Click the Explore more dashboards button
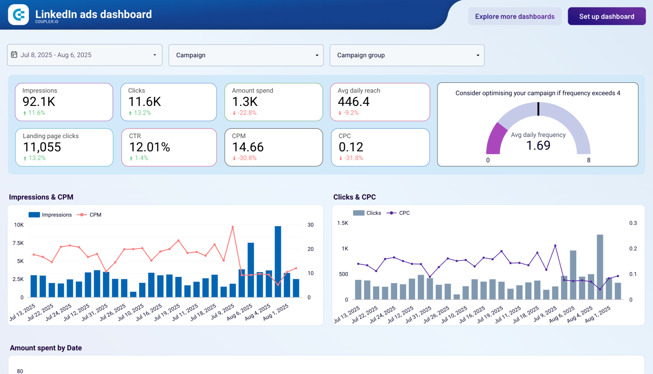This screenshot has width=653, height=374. pos(514,17)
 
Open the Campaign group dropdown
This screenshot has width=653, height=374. pos(407,55)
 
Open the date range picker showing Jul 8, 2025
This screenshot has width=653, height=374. pos(85,55)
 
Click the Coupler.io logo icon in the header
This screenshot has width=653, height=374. pos(19,15)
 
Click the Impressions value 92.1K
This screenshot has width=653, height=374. pos(39,102)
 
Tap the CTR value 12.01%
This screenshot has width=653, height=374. pos(149,147)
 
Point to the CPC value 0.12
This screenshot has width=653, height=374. pos(351,147)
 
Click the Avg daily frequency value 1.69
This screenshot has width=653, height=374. pos(538,145)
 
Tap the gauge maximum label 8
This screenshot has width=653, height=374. pos(588,160)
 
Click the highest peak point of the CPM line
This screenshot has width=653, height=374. pos(233,227)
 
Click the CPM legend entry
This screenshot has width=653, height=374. pos(95,215)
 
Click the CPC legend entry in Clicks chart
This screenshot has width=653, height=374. pos(404,213)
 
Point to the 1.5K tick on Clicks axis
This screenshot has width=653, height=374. pos(343,223)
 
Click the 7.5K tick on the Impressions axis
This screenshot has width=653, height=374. pos(18,243)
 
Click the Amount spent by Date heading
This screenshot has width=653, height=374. pos(46,348)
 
